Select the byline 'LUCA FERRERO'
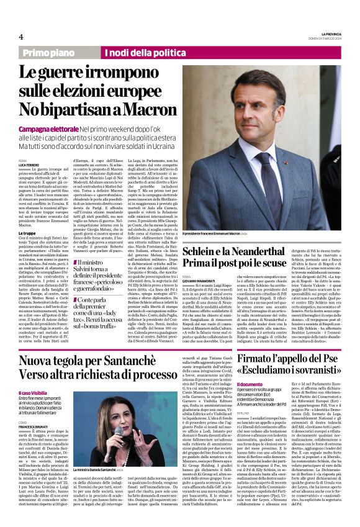pyautogui.click(x=29, y=163)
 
